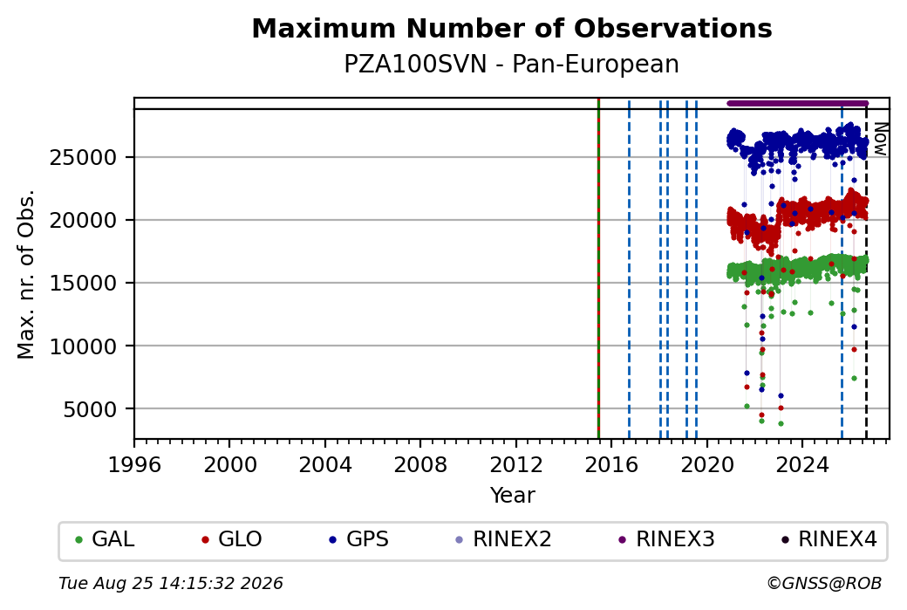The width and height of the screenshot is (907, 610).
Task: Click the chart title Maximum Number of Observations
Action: [512, 28]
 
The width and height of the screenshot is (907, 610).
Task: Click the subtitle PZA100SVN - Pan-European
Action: [511, 65]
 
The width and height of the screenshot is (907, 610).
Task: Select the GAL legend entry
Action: [105, 539]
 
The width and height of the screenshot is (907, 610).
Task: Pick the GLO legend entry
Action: [231, 539]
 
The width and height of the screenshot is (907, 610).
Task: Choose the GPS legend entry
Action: [358, 539]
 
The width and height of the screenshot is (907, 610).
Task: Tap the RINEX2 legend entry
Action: [503, 539]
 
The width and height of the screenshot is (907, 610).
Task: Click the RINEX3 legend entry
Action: [666, 539]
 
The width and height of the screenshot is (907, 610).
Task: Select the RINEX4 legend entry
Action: [829, 539]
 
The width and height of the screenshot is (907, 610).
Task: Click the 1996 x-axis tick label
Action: [134, 465]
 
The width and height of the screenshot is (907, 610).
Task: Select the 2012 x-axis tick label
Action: [516, 465]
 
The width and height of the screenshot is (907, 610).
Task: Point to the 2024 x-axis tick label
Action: [801, 465]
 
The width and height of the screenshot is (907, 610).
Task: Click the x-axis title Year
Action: [512, 496]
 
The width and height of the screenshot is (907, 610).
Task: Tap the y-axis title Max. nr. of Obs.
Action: [26, 274]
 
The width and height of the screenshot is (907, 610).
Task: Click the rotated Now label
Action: [880, 139]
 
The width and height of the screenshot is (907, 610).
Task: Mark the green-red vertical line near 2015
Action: [598, 269]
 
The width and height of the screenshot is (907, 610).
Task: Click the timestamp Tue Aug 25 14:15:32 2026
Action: [171, 583]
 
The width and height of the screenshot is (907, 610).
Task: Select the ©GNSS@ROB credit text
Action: [824, 583]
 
